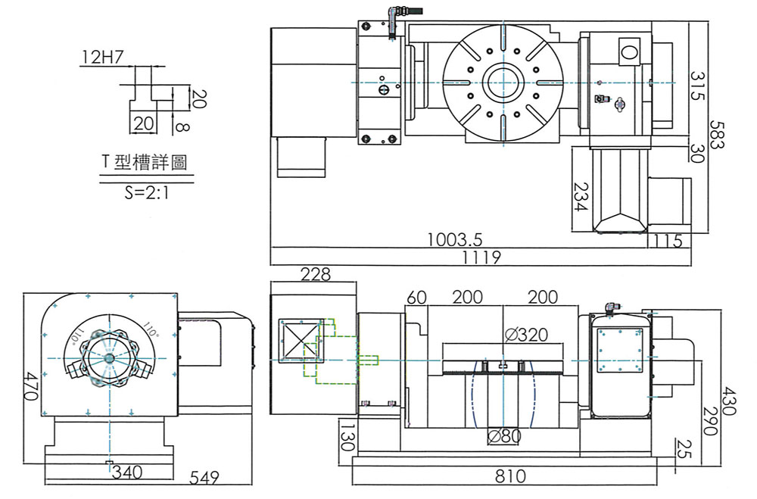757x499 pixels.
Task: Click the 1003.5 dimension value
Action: tap(454, 240)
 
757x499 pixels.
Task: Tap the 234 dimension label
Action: tap(581, 197)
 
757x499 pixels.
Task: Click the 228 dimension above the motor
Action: tap(316, 274)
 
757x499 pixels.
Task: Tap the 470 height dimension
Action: tap(30, 386)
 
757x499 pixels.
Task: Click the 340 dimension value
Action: tap(127, 473)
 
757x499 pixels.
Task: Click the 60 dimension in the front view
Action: tap(417, 298)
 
